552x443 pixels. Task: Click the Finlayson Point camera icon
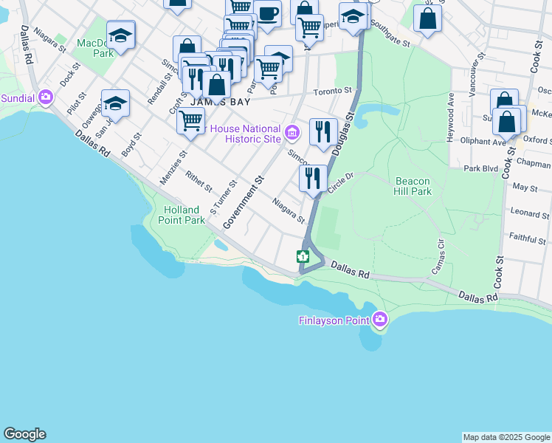tap(380, 319)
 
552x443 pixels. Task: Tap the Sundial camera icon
tap(46, 97)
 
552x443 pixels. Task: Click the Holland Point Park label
tap(184, 215)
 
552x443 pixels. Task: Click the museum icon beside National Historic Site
tap(292, 132)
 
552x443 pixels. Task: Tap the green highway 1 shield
tap(302, 256)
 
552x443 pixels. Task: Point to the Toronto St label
tap(333, 91)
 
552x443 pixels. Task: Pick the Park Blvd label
tap(481, 169)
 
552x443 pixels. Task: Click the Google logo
tap(24, 434)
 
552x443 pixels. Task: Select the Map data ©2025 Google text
tap(506, 437)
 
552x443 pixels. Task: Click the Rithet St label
tap(199, 180)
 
